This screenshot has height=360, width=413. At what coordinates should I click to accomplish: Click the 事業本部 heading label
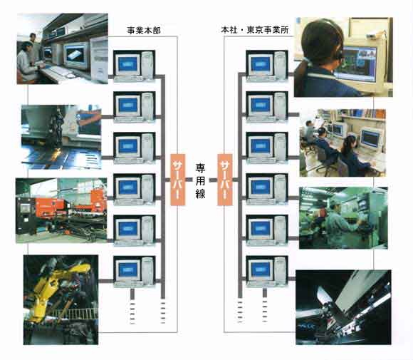(144, 31)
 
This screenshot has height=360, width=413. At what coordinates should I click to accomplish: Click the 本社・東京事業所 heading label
(255, 30)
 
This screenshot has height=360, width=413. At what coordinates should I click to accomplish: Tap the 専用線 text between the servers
(200, 180)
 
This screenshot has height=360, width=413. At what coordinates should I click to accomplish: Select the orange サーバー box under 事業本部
(178, 180)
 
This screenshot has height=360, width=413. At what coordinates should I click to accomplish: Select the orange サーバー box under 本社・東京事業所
(225, 180)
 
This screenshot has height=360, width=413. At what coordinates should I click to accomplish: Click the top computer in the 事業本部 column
(135, 66)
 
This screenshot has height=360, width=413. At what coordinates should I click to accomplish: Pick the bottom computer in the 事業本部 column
(135, 272)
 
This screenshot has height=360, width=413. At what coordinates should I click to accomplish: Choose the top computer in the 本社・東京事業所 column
(267, 66)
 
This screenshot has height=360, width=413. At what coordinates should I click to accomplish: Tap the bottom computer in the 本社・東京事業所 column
(267, 272)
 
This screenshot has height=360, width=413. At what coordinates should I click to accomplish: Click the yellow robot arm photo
(61, 300)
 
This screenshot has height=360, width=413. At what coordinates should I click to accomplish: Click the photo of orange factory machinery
(61, 210)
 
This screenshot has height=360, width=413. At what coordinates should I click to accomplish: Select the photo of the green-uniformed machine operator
(343, 218)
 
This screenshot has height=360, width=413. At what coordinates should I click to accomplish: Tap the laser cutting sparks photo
(61, 137)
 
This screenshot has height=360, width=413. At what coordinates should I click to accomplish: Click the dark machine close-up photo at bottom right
(343, 307)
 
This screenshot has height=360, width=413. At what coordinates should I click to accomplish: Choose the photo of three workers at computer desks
(343, 143)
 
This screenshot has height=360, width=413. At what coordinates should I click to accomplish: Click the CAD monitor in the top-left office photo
(76, 55)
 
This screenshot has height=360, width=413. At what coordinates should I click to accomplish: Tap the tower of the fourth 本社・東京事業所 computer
(281, 189)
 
